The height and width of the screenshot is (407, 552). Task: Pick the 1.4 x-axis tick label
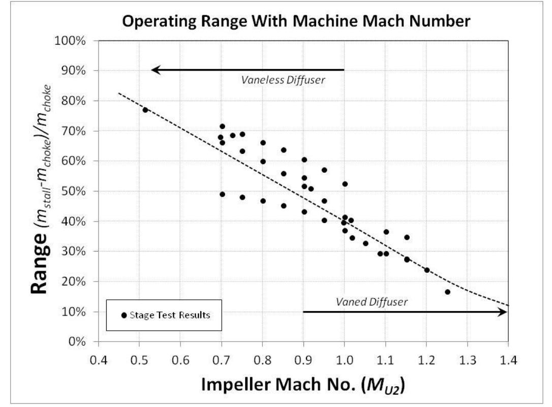[x=508, y=360]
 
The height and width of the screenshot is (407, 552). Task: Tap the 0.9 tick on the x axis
[x=303, y=360]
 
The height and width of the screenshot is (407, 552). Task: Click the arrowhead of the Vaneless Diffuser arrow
[x=155, y=70]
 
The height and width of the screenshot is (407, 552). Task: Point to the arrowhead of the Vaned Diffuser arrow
[x=504, y=312]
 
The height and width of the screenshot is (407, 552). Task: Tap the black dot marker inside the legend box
[x=124, y=316]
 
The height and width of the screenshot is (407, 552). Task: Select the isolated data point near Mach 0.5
[x=145, y=110]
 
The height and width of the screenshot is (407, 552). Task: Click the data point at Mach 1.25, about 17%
[x=447, y=292]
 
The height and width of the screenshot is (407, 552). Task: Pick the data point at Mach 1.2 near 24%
[x=427, y=270]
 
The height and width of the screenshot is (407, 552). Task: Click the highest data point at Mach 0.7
[x=222, y=126]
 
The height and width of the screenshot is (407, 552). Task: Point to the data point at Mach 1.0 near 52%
[x=345, y=184]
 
